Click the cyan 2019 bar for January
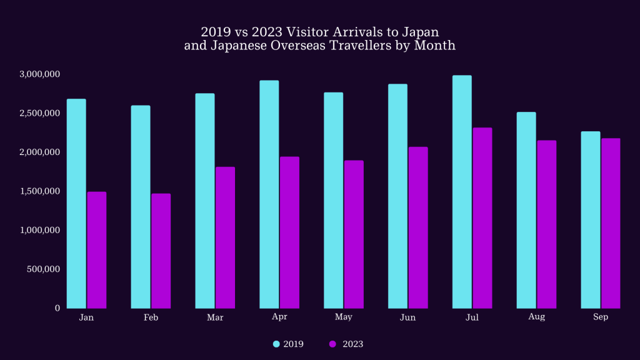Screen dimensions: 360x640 [76, 204]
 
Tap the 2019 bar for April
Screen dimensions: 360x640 [269, 194]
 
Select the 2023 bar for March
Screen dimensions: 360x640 [225, 237]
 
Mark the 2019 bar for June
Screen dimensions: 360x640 [397, 196]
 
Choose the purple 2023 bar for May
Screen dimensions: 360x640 [354, 234]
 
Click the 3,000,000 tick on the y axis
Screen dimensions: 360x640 [39, 74]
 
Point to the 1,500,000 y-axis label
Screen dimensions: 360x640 [39, 191]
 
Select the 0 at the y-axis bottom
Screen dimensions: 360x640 [57, 308]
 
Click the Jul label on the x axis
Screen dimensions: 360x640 [472, 317]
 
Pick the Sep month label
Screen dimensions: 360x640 [601, 317]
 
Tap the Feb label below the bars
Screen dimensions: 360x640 [151, 317]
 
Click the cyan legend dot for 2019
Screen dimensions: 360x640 [276, 344]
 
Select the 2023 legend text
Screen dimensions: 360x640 [352, 344]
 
